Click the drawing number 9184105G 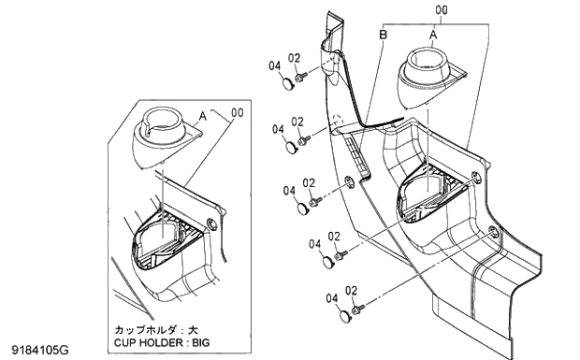pos(38,350)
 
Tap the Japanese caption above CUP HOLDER pos(155,330)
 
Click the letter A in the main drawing pos(432,33)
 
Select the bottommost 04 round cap pos(342,317)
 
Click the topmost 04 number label pos(275,65)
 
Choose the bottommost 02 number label pos(353,291)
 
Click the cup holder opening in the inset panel pos(163,238)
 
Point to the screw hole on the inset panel pos(214,223)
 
